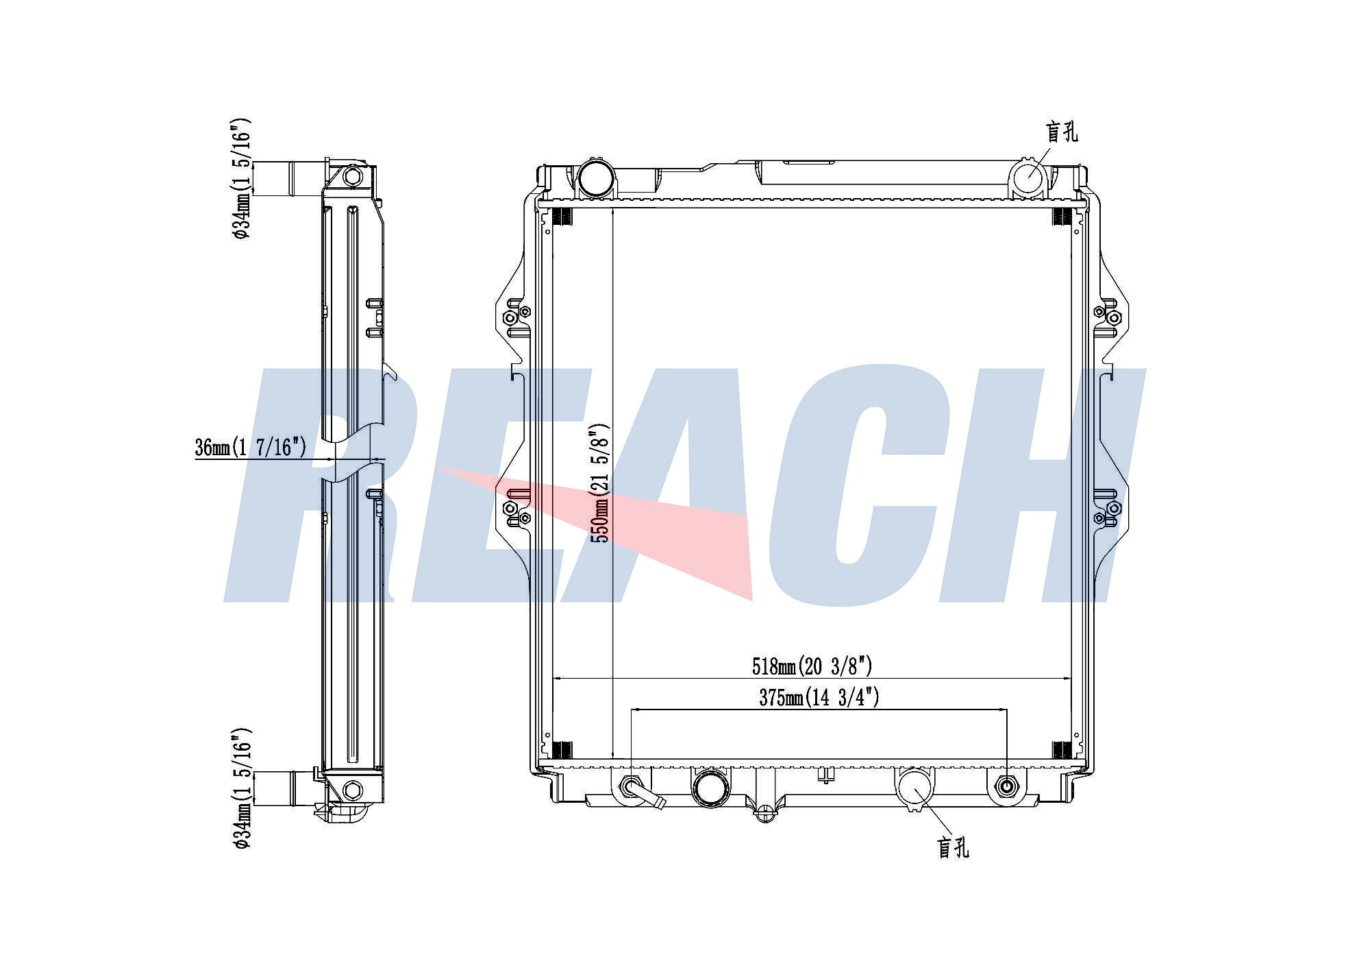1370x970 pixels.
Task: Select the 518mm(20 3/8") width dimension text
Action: click(x=812, y=666)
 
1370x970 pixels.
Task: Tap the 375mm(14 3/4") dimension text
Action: click(x=819, y=698)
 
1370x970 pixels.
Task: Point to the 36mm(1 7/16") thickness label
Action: click(x=250, y=448)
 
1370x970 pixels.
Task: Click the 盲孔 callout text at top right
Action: click(x=1062, y=132)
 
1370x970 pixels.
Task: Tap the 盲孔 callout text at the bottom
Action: click(x=953, y=848)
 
